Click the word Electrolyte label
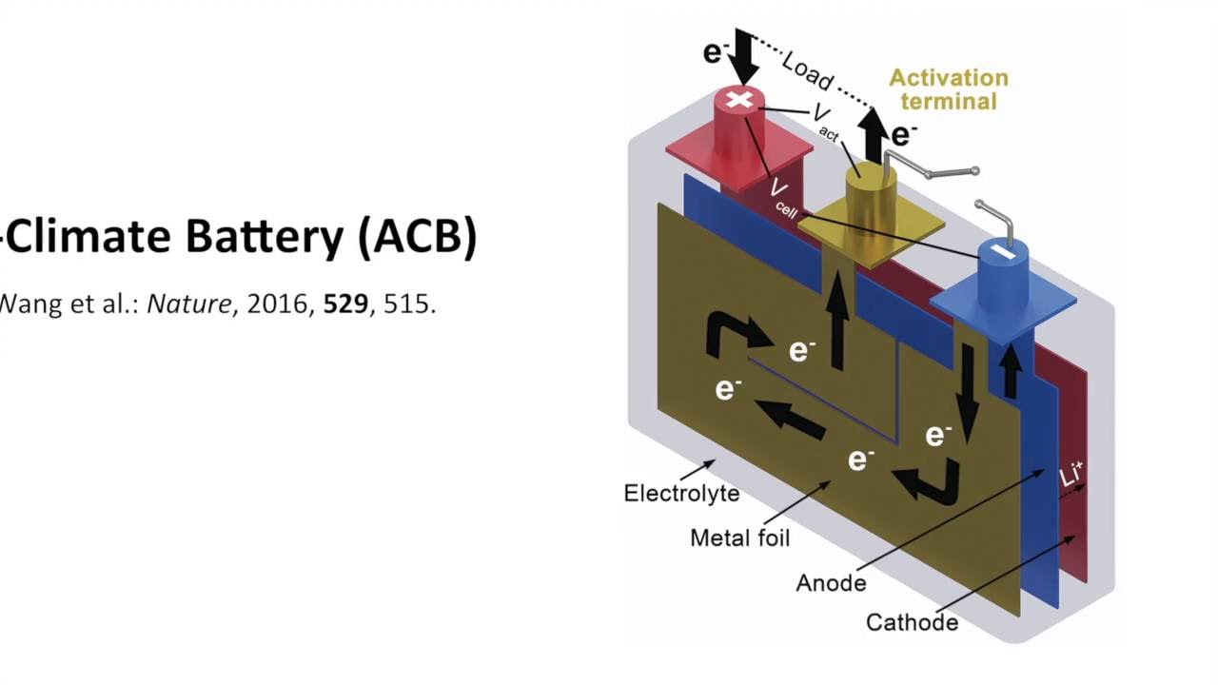(681, 493)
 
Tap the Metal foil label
(739, 538)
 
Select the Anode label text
(831, 582)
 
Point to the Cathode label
(912, 622)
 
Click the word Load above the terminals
(807, 71)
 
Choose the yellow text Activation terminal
(948, 89)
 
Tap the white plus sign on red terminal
(739, 100)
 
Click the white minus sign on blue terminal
(1003, 250)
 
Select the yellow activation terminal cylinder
(863, 195)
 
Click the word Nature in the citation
(188, 304)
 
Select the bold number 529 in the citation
(345, 304)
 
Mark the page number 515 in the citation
(409, 304)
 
